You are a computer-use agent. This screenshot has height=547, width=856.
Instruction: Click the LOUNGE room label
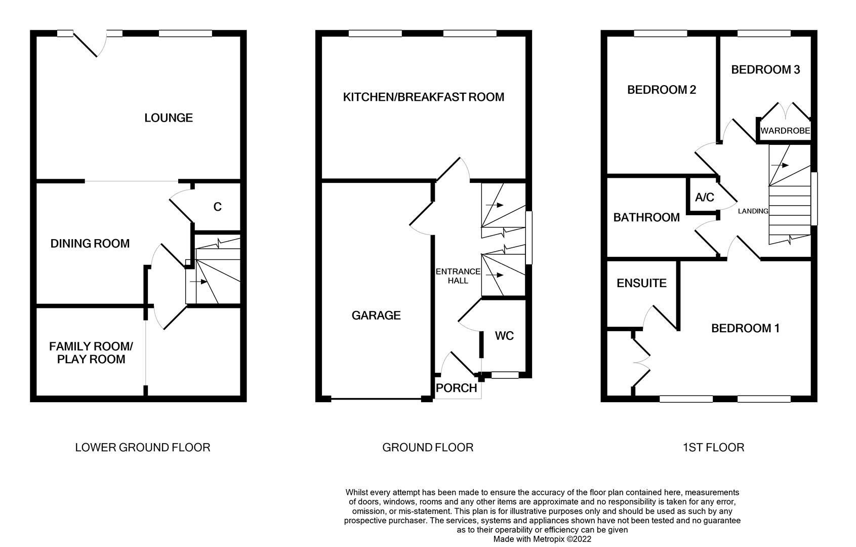pyautogui.click(x=168, y=118)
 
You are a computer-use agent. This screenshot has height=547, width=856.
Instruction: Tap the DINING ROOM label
pyautogui.click(x=90, y=244)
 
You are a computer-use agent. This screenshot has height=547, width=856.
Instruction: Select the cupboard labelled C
pyautogui.click(x=217, y=207)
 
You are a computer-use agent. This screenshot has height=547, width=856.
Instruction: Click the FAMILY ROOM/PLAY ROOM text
pyautogui.click(x=91, y=353)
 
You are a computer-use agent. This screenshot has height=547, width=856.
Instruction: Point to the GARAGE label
pyautogui.click(x=376, y=316)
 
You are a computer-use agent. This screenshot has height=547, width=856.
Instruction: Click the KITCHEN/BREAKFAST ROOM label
pyautogui.click(x=423, y=97)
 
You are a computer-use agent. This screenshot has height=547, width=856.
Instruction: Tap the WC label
pyautogui.click(x=504, y=336)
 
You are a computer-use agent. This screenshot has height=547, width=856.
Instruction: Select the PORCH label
pyautogui.click(x=456, y=388)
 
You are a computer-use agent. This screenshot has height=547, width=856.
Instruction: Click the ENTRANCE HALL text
pyautogui.click(x=458, y=276)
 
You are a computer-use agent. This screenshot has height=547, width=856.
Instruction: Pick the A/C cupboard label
pyautogui.click(x=704, y=198)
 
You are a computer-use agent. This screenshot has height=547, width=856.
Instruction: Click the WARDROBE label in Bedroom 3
pyautogui.click(x=785, y=131)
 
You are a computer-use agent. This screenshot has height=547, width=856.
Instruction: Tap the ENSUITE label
pyautogui.click(x=641, y=283)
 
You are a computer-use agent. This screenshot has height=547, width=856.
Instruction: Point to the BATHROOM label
pyautogui.click(x=646, y=217)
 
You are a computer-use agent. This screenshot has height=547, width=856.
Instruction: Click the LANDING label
pyautogui.click(x=753, y=211)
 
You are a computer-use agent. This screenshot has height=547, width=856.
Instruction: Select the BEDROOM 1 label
pyautogui.click(x=745, y=328)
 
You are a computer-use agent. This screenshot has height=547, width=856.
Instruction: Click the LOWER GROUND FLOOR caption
pyautogui.click(x=142, y=447)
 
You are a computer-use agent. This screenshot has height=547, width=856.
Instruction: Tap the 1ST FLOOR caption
pyautogui.click(x=713, y=447)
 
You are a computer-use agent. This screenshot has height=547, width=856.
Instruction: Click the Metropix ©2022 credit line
pyautogui.click(x=542, y=539)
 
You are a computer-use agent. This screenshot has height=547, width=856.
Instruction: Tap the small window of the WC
pyautogui.click(x=505, y=375)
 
